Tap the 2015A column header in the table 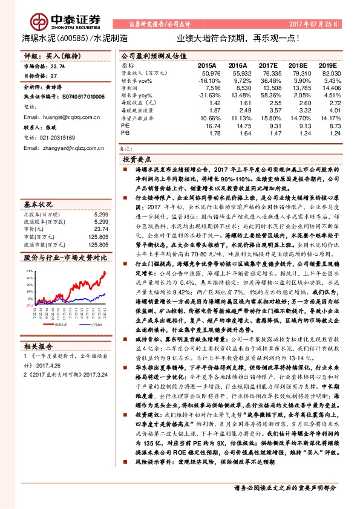click(x=207, y=64)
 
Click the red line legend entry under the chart click(x=60, y=324)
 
